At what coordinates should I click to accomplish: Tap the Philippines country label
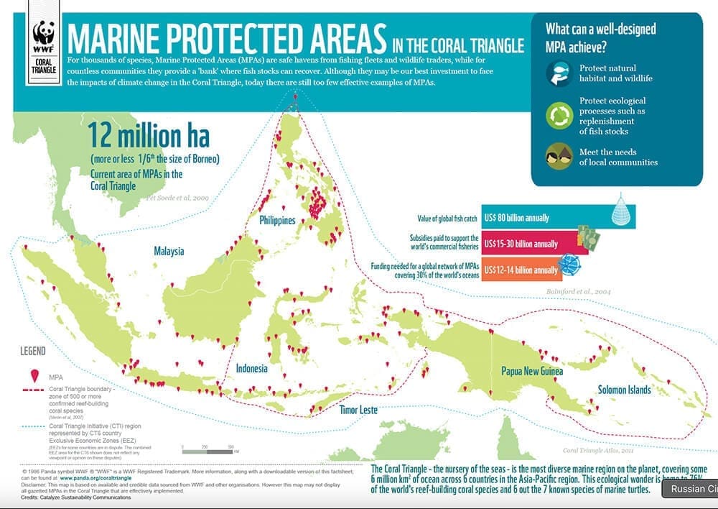pos(277,221)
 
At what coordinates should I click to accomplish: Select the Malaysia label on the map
pos(169,252)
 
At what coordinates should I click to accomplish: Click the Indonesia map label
pos(251,369)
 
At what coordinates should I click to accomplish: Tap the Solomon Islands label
pos(624,390)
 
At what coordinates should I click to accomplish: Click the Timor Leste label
pos(358,410)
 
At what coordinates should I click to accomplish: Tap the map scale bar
pos(209,451)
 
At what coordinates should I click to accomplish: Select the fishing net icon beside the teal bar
pos(620,214)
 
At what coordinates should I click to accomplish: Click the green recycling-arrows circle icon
pos(559,115)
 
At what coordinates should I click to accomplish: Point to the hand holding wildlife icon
pos(559,73)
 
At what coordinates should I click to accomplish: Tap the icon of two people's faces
pos(559,156)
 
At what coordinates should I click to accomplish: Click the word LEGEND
pos(33,352)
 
